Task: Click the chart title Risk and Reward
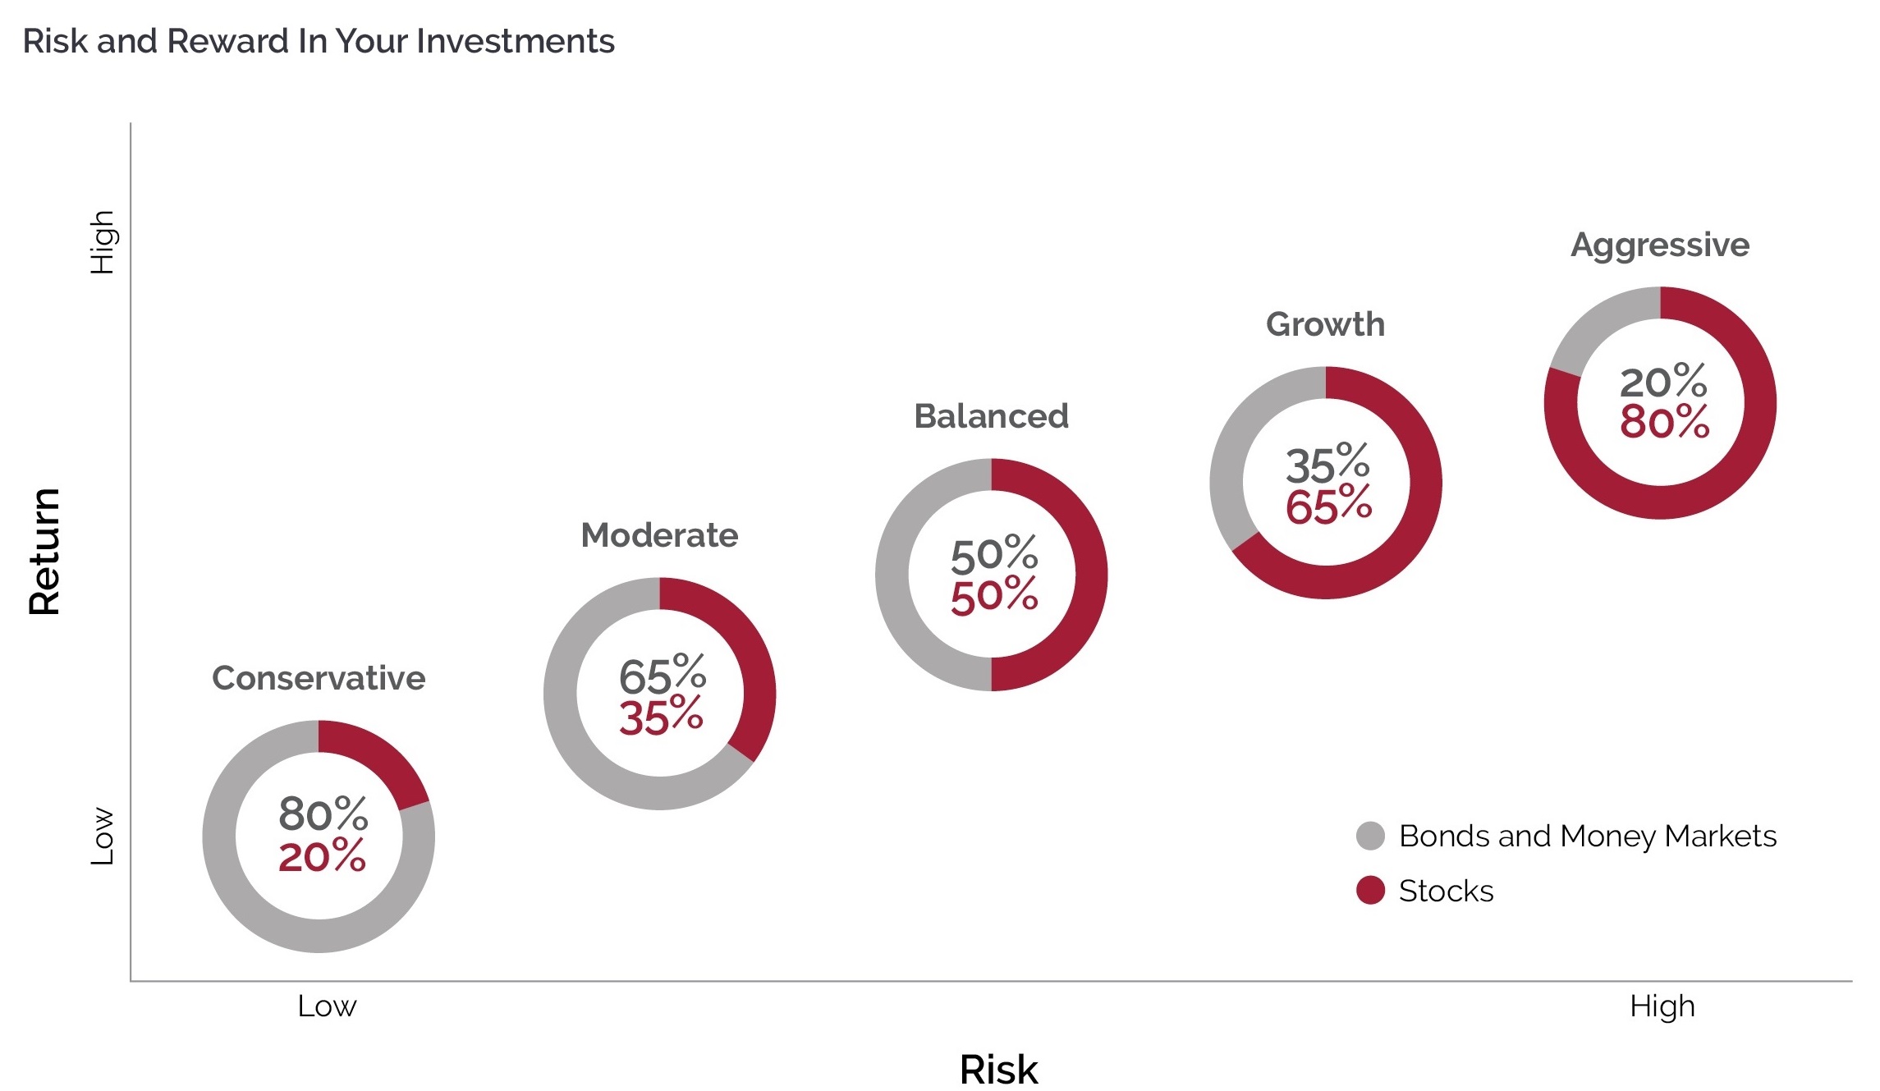pos(318,41)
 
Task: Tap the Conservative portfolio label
pos(319,678)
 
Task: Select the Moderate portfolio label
pos(659,535)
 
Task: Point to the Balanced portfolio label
pos(991,416)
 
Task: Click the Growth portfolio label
pos(1325,324)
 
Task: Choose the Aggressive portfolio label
pos(1660,245)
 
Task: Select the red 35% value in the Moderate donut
pos(661,717)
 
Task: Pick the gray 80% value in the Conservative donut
pos(323,814)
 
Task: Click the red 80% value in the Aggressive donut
pos(1664,422)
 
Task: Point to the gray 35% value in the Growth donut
pos(1327,465)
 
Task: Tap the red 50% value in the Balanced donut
pos(994,596)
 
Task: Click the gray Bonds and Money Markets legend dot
pos(1370,836)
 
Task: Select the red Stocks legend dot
pos(1370,890)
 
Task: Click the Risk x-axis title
pos(998,1069)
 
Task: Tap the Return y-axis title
pos(44,551)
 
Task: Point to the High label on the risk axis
pos(1662,1006)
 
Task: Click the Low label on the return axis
pos(102,836)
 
